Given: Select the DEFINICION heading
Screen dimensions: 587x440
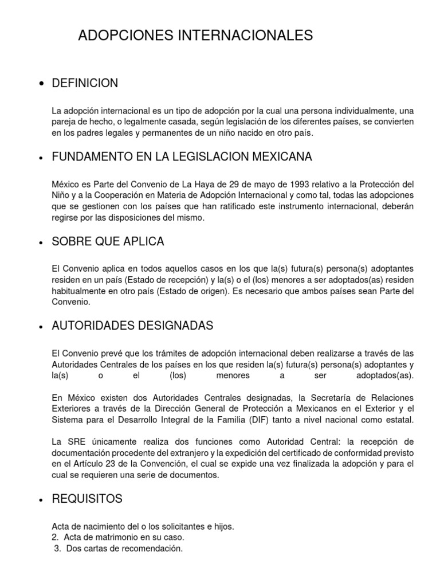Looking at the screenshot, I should click(x=85, y=83).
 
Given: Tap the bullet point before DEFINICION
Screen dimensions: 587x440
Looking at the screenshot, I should click(x=41, y=84).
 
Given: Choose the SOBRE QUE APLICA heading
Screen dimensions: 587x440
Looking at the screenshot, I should click(x=108, y=241).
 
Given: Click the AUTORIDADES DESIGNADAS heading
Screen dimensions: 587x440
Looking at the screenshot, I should click(x=132, y=326).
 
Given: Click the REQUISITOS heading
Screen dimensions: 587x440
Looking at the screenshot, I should click(x=87, y=499).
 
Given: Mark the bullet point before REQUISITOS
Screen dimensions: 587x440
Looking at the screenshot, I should click(x=41, y=500).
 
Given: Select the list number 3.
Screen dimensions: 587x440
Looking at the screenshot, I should click(x=56, y=549).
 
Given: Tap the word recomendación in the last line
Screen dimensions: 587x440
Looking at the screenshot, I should click(x=151, y=549).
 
